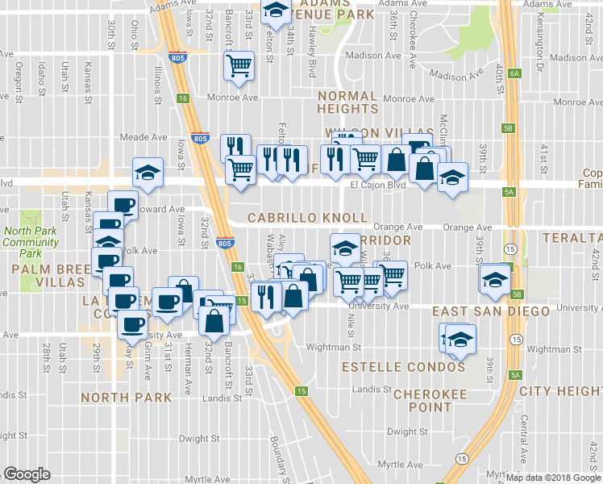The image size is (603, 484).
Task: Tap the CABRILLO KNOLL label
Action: coord(307,219)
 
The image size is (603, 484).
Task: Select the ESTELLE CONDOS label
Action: coord(403,367)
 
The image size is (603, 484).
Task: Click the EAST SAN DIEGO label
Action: coord(491,311)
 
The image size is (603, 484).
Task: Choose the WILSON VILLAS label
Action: coord(363,132)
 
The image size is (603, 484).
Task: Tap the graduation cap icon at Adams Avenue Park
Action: coord(277,11)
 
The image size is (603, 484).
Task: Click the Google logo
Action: coord(27,474)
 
